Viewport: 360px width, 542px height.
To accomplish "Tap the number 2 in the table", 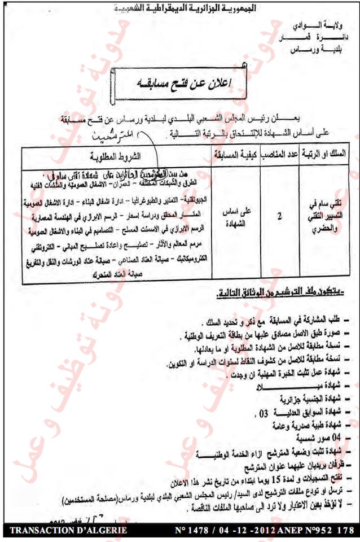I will (280, 215).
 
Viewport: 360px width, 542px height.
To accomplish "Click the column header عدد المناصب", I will (280, 154).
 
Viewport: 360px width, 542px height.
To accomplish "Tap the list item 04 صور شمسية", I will (322, 438).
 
